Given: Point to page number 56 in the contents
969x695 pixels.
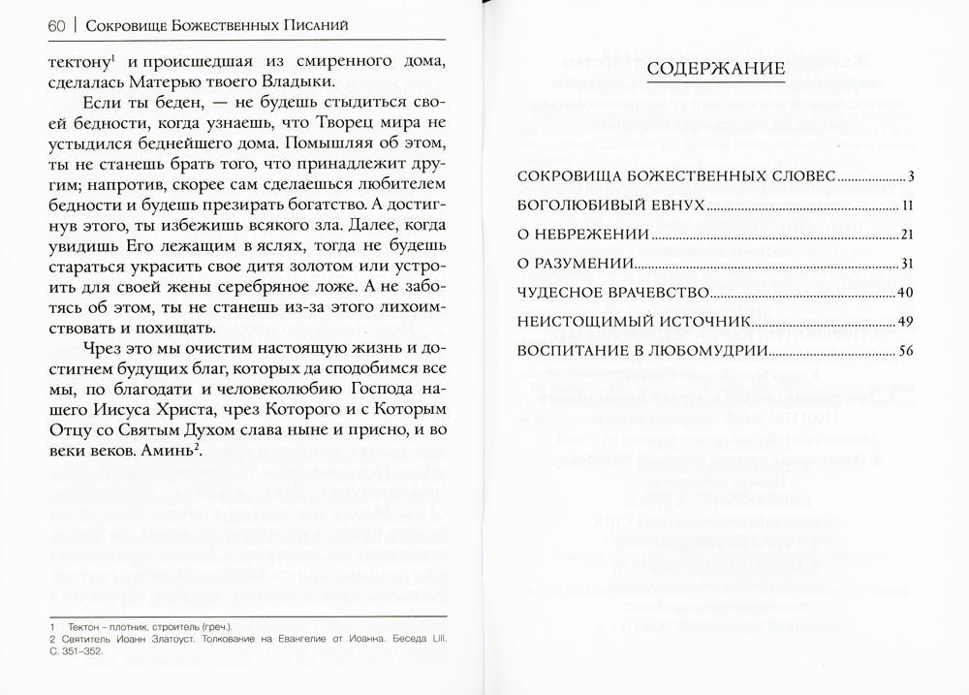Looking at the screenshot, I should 906,350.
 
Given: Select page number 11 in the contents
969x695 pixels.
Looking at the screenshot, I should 907,207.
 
